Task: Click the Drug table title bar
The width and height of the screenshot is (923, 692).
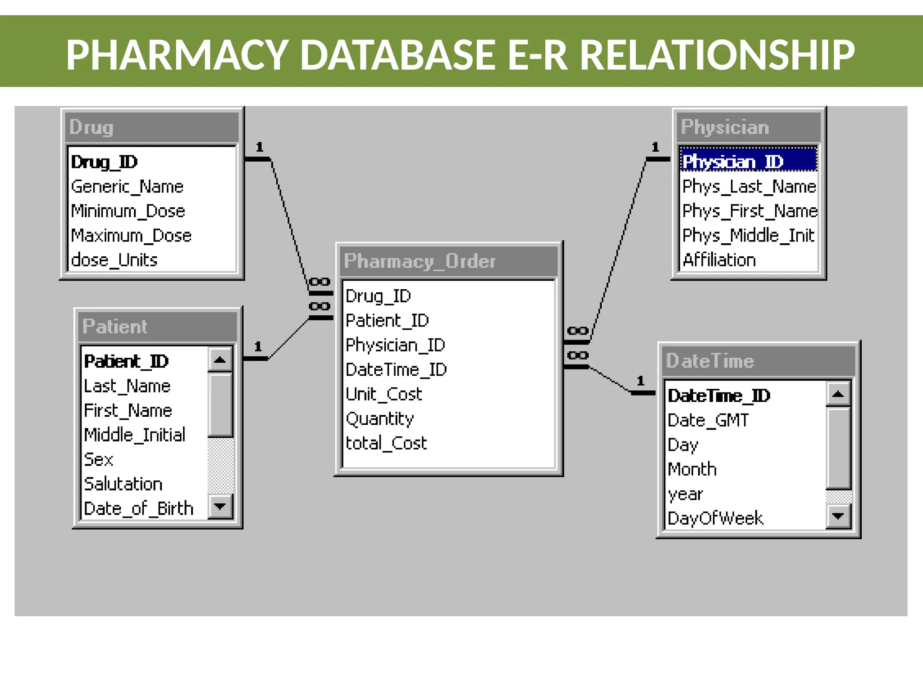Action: click(151, 127)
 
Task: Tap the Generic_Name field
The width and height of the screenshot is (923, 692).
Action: click(127, 187)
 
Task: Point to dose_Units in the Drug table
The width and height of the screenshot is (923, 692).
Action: click(114, 260)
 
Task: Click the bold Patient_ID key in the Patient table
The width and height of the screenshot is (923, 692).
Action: click(126, 361)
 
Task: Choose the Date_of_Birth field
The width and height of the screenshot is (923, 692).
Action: click(138, 509)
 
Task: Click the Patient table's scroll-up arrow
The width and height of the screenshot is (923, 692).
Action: click(220, 360)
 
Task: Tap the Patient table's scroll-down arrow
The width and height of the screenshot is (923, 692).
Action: click(220, 506)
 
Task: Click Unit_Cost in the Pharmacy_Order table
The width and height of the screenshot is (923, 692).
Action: click(384, 394)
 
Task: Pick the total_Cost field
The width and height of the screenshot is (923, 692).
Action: click(386, 443)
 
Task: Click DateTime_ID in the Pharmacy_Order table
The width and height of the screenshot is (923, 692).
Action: click(396, 370)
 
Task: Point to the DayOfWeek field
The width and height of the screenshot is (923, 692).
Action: click(715, 518)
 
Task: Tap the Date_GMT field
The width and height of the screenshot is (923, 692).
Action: click(708, 420)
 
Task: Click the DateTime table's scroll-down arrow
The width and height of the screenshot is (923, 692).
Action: click(838, 516)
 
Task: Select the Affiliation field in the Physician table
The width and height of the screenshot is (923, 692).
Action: click(719, 260)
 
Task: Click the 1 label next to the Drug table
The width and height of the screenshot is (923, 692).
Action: click(259, 147)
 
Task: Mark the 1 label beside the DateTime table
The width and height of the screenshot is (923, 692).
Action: click(640, 381)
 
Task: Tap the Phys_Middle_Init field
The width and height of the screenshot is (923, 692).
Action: click(748, 236)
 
